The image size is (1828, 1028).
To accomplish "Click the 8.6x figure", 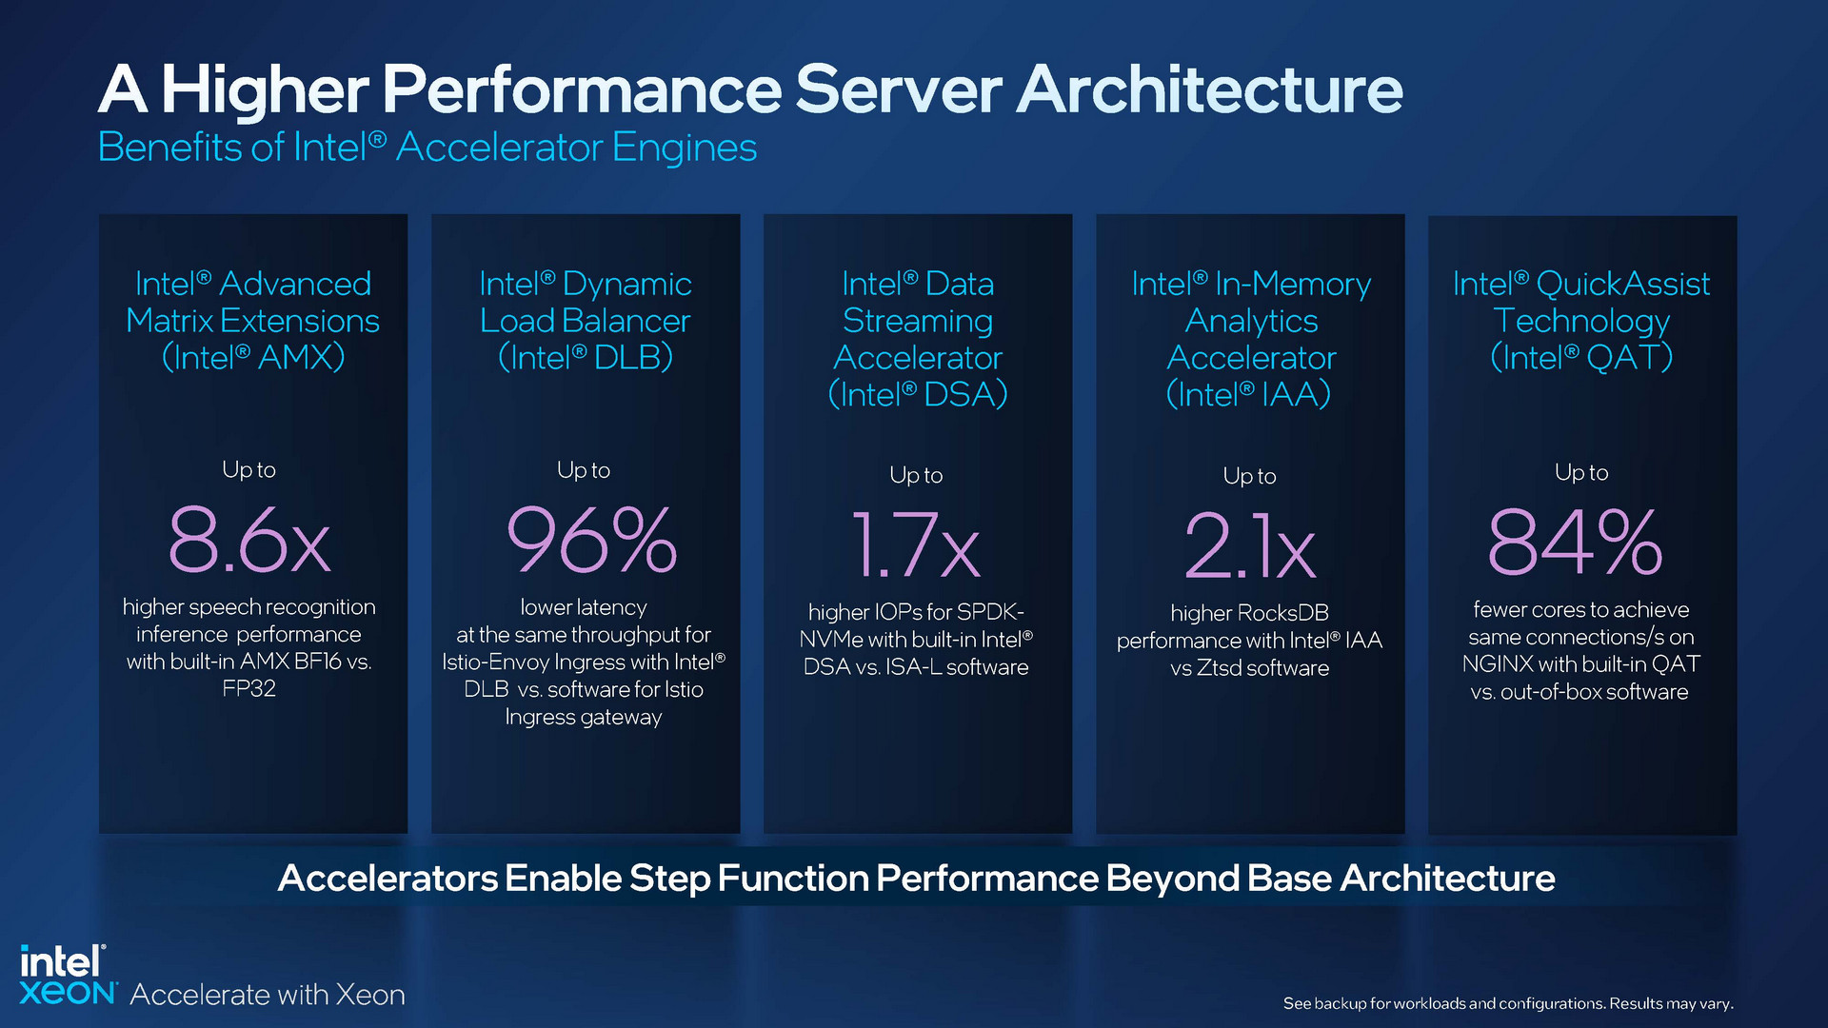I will pyautogui.click(x=249, y=542).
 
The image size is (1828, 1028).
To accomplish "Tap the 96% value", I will pyautogui.click(x=591, y=542).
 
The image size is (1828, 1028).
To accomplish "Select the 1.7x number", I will pyautogui.click(x=916, y=545).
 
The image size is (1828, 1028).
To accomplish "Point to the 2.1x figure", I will pyautogui.click(x=1250, y=546).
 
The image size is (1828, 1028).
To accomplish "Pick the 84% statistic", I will pyautogui.click(x=1576, y=543).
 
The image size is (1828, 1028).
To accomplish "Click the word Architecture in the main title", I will pyautogui.click(x=1209, y=89).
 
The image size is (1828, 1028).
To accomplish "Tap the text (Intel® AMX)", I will pyautogui.click(x=253, y=358).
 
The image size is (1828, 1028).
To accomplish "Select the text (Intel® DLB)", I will pyautogui.click(x=586, y=358).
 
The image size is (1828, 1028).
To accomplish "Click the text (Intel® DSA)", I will pyautogui.click(x=918, y=394).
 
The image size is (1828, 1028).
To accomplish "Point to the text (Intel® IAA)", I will pyautogui.click(x=1249, y=394).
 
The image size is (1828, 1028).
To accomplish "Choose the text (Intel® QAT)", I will pyautogui.click(x=1581, y=358).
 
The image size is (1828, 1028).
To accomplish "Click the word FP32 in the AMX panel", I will pyautogui.click(x=249, y=688).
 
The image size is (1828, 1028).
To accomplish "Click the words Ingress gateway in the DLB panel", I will pyautogui.click(x=583, y=717).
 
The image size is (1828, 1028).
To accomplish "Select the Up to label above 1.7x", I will pyautogui.click(x=916, y=475).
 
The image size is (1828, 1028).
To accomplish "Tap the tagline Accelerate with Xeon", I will pyautogui.click(x=268, y=995).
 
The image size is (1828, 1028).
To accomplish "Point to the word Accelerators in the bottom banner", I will pyautogui.click(x=387, y=878).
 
